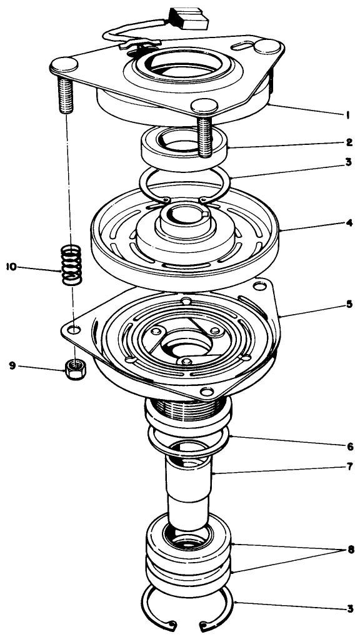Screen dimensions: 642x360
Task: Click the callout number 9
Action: [11, 367]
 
